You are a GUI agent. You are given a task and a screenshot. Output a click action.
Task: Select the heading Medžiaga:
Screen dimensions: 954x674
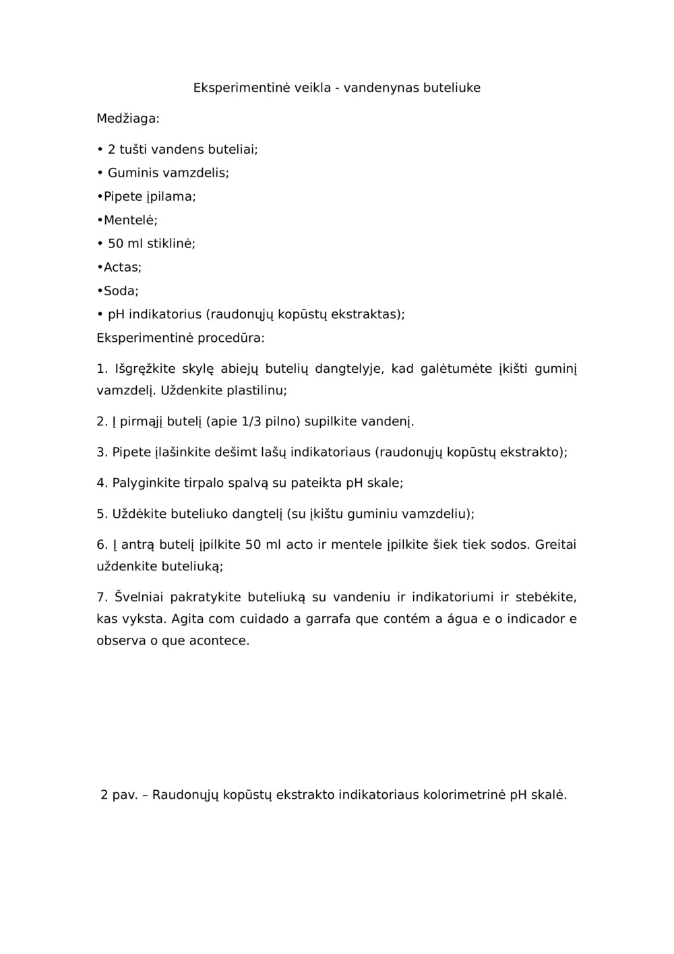coord(128,119)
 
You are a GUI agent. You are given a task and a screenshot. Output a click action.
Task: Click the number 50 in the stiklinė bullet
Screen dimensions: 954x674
coord(115,243)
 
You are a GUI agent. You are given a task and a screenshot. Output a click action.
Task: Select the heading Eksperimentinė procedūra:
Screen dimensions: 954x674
coord(180,338)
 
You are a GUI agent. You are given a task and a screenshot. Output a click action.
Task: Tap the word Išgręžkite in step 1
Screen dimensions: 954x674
coord(144,369)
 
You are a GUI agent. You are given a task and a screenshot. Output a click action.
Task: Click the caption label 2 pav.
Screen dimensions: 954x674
coord(119,794)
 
